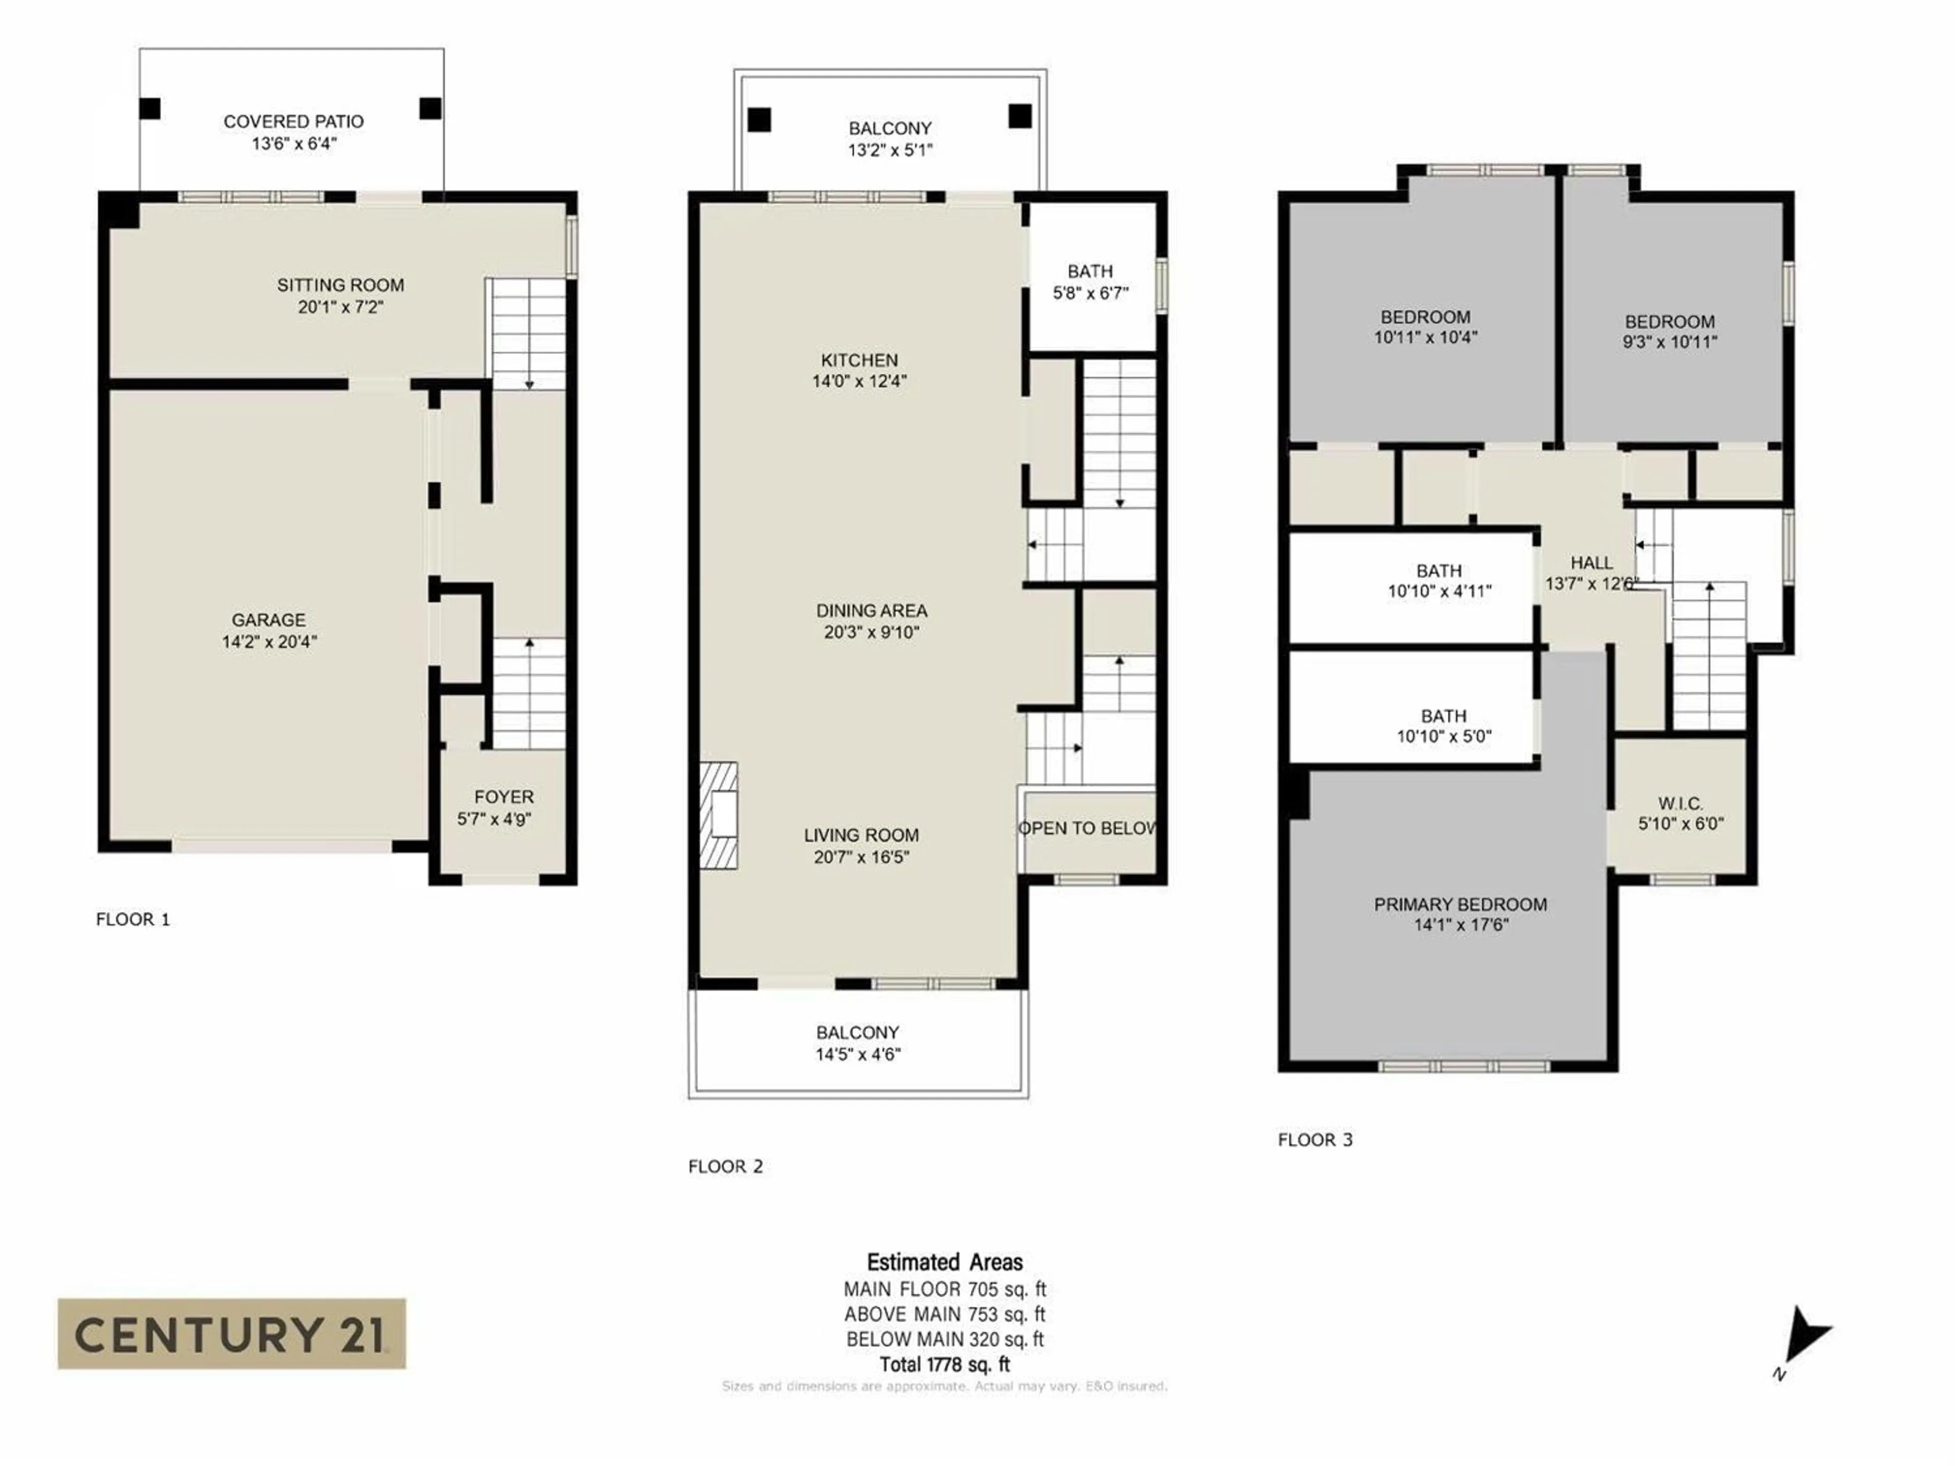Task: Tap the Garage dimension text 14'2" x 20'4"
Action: click(269, 641)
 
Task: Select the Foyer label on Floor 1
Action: click(504, 797)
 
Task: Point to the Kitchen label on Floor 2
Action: click(859, 360)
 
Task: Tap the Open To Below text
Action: click(1087, 828)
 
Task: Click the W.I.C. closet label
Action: click(1680, 803)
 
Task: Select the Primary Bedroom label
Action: click(1460, 904)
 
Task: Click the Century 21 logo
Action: click(232, 1334)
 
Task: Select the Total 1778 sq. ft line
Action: click(944, 1364)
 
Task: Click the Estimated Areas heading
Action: click(944, 1262)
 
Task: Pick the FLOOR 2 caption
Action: click(725, 1167)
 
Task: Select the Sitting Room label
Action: click(340, 286)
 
